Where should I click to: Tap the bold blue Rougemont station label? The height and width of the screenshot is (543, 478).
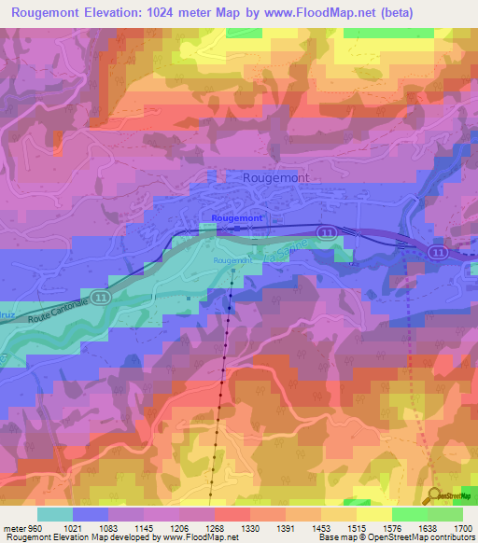[x=237, y=217]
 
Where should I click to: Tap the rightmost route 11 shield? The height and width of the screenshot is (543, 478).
[x=438, y=252]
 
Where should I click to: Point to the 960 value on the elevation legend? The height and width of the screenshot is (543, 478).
[x=32, y=527]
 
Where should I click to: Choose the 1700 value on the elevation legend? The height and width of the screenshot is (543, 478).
[x=459, y=527]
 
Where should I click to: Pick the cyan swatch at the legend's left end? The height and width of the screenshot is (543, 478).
[x=55, y=514]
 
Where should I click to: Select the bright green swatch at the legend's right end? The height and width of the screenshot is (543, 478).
[x=444, y=514]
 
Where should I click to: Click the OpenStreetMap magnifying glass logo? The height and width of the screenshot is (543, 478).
[x=433, y=495]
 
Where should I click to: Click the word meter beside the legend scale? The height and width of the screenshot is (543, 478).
[x=13, y=527]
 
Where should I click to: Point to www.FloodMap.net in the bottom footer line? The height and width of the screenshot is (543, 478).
[x=197, y=537]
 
